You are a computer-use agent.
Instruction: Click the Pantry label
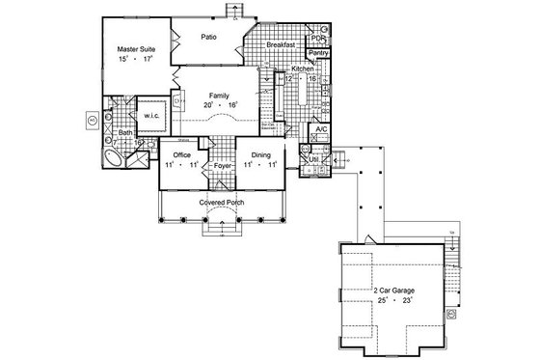pos(319,54)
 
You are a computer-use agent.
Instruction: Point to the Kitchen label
pos(305,69)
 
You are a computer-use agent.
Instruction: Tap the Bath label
pos(125,133)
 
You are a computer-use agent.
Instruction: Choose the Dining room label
pos(262,154)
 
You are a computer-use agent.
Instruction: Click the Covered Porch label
pos(222,204)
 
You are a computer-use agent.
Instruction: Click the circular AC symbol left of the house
pos(92,122)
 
